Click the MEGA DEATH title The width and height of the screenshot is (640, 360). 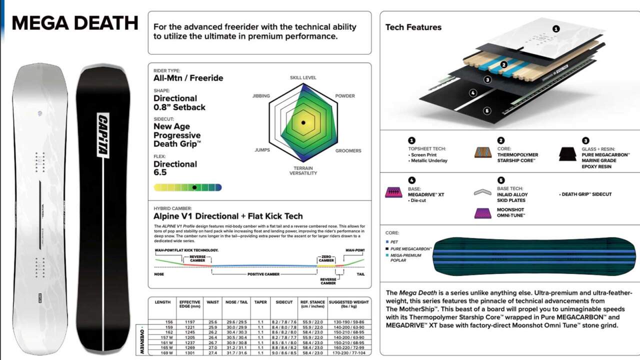(74, 23)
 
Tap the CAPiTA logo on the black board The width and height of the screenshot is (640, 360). (103, 135)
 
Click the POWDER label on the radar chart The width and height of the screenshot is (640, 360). (344, 96)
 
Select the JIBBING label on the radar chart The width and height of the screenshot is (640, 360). (261, 96)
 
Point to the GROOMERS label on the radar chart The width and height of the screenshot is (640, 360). (348, 150)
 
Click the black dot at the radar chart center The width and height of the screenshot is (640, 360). (303, 122)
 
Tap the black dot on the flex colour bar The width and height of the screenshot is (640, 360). (194, 187)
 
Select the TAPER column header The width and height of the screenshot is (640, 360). (260, 302)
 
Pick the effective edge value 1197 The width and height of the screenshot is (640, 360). (190, 322)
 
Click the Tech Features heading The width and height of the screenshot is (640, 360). (413, 27)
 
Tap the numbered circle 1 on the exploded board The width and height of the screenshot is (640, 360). (556, 29)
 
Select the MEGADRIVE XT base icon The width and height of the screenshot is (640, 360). (393, 192)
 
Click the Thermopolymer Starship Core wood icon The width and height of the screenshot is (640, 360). (482, 152)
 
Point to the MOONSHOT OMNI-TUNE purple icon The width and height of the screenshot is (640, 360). (482, 212)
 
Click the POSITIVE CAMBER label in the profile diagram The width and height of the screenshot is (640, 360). (263, 274)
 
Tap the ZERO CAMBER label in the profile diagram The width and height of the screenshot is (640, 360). (326, 258)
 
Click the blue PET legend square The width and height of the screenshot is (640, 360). (387, 241)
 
